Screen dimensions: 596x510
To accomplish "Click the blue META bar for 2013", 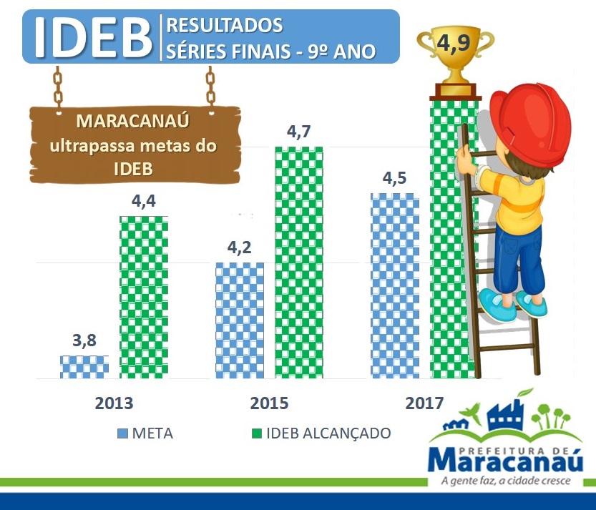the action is coord(84,367).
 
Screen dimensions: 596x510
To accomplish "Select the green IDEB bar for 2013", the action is coord(144,297).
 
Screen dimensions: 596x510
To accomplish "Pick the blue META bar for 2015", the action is coord(240,320).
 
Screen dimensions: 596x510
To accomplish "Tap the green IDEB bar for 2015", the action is coord(299,263).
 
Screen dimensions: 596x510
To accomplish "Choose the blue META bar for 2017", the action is coord(395,286).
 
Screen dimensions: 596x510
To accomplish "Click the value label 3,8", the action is coord(84,340).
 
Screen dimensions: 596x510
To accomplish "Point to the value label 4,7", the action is coord(299,132).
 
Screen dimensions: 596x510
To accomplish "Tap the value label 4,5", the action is coord(394,178).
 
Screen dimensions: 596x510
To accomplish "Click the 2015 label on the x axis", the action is coord(269,403).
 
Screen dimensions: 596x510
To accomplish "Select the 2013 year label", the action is coord(114,403).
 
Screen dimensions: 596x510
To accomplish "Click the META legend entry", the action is coord(145,433).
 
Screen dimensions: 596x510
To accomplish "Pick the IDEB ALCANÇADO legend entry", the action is coord(321,433).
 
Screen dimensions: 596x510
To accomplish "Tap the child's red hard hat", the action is coord(530,119).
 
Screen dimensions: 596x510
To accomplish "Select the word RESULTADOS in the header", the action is coord(224,25).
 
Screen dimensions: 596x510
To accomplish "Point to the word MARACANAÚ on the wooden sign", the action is coord(133,121).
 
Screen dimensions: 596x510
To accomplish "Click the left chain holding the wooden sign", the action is coord(57,90).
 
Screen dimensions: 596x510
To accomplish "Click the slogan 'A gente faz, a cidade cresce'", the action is coord(506,481).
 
